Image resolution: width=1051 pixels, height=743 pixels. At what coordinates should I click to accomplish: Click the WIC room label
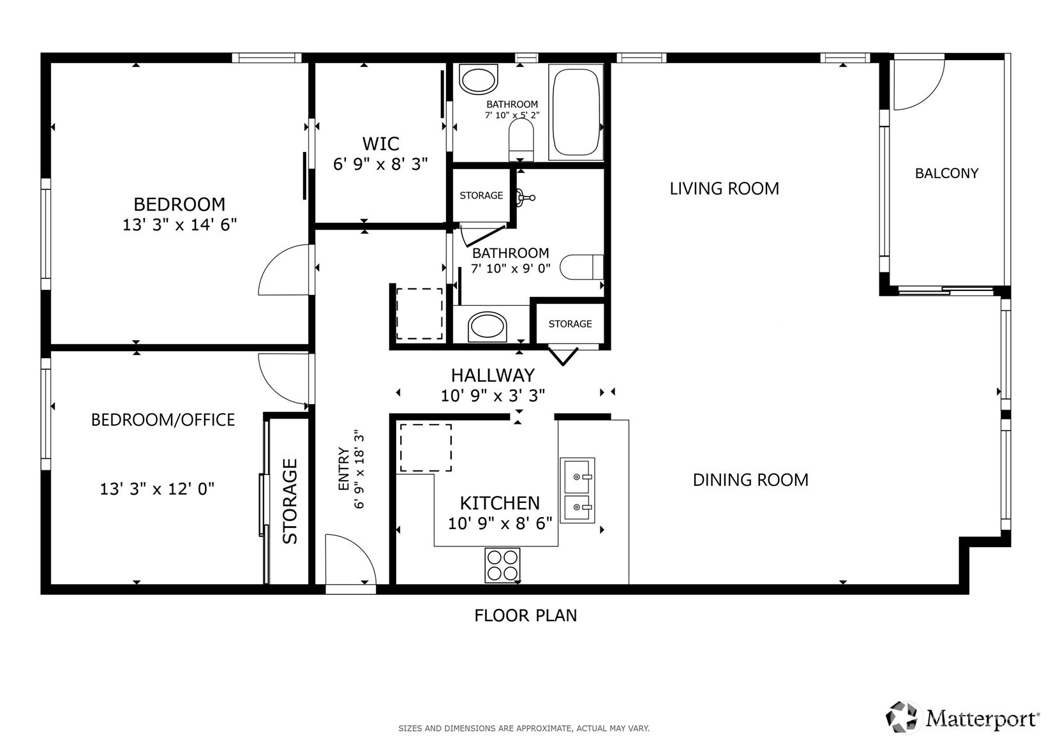pos(380,143)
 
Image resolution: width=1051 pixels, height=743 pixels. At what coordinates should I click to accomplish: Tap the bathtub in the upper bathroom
pos(576,112)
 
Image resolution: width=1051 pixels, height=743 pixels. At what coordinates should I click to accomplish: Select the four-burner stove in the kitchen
pos(502,565)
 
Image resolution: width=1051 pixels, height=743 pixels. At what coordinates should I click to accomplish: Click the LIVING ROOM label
pos(724,189)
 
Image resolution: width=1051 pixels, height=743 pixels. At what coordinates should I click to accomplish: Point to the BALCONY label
pos(946,173)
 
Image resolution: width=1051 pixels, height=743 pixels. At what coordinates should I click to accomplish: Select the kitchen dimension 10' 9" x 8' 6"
pos(500,523)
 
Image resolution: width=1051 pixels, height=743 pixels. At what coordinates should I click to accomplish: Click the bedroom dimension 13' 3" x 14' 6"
pos(180,225)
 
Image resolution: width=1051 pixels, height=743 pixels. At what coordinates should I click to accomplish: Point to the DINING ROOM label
pos(750,479)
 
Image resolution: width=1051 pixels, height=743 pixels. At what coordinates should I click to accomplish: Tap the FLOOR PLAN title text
pos(526,615)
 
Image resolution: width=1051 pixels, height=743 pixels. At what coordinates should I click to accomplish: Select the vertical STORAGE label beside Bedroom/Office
pos(290,501)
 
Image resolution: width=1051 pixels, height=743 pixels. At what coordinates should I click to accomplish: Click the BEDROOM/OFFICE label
pos(163,419)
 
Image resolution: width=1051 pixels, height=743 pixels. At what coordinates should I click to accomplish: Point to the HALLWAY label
pos(493,375)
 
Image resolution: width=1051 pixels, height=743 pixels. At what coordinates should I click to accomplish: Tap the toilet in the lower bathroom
pos(582,267)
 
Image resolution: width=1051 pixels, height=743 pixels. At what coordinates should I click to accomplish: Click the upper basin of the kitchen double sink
pos(577,476)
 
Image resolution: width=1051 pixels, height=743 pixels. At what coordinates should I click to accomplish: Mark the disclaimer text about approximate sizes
pos(524,728)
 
